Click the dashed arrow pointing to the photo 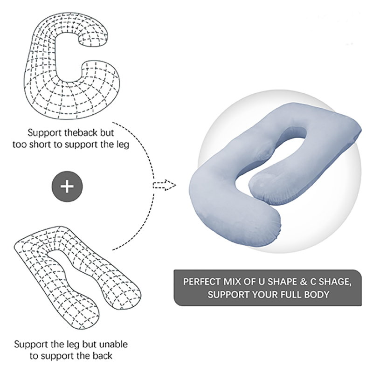(x=164, y=186)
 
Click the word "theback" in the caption (x=77, y=132)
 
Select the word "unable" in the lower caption (x=113, y=345)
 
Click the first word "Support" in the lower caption (x=30, y=345)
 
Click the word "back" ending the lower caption (x=102, y=356)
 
